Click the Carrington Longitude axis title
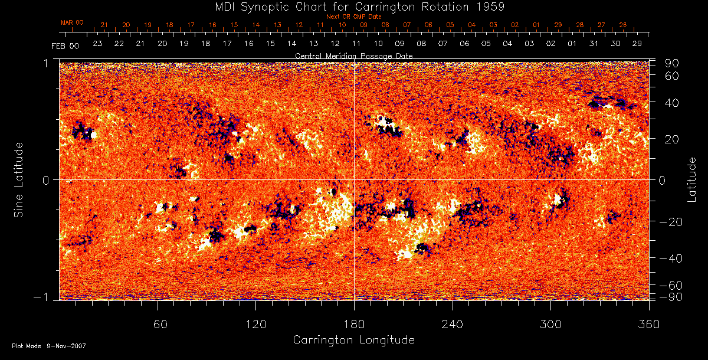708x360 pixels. click(353, 340)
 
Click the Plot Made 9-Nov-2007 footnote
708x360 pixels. click(49, 346)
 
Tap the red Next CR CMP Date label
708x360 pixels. click(353, 17)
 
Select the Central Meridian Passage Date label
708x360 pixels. click(353, 55)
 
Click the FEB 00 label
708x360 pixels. click(65, 45)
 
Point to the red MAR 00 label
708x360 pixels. click(72, 22)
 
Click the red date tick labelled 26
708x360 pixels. click(623, 25)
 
